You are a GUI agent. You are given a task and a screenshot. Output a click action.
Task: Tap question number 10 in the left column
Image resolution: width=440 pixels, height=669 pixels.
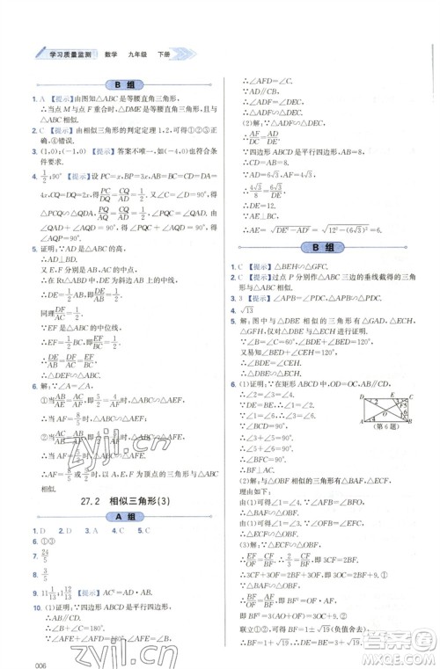35,607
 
